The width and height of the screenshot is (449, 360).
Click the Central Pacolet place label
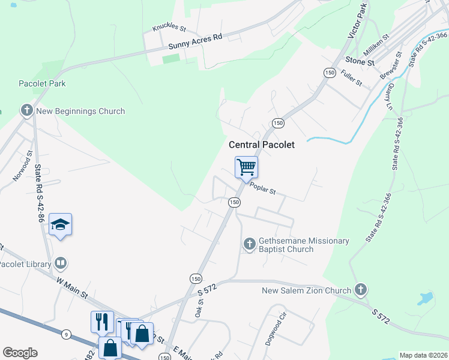click(261, 145)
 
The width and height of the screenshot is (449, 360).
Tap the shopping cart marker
click(246, 167)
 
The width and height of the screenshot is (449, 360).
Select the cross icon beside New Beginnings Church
click(26, 110)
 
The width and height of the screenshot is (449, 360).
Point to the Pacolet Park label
click(42, 83)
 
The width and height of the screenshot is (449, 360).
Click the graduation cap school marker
click(60, 224)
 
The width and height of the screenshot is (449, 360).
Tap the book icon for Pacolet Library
click(60, 263)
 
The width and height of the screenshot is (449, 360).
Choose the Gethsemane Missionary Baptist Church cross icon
click(250, 244)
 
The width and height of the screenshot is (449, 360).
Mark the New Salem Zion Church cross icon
click(360, 290)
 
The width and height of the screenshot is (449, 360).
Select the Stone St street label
click(360, 61)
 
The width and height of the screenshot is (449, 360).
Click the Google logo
click(20, 353)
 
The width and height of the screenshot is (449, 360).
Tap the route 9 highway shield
click(66, 333)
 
